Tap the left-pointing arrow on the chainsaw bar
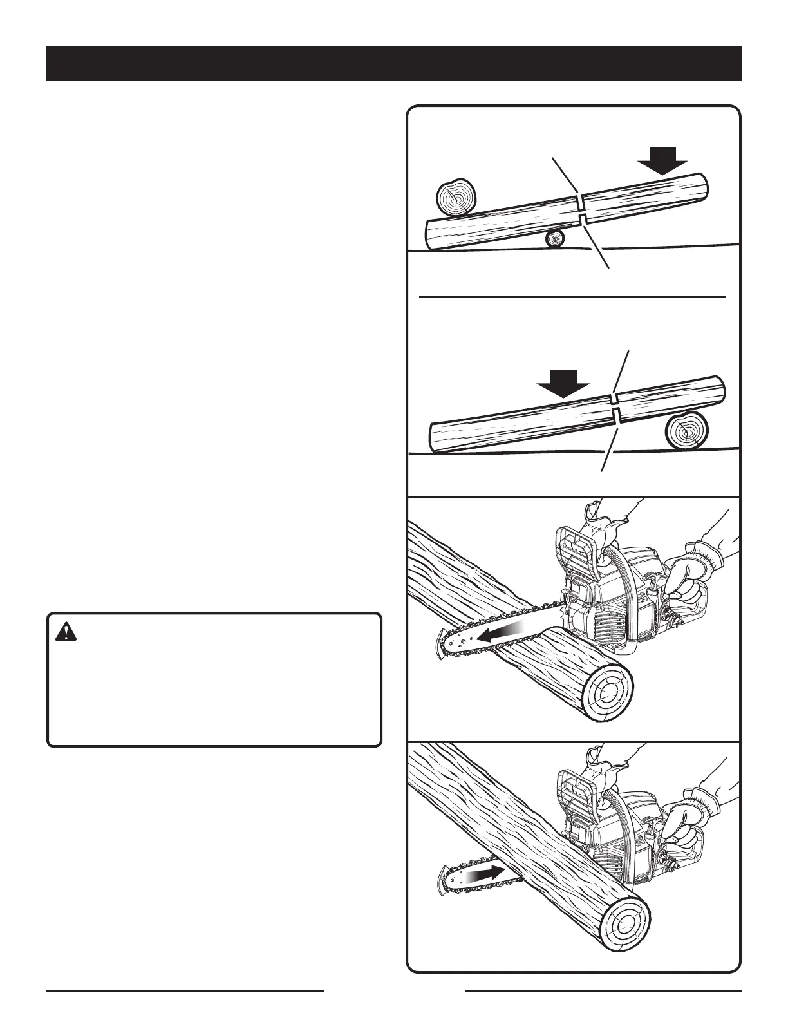pos(502,637)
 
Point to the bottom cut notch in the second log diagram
pos(616,417)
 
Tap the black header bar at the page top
pos(394,63)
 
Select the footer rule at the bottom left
pos(185,990)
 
